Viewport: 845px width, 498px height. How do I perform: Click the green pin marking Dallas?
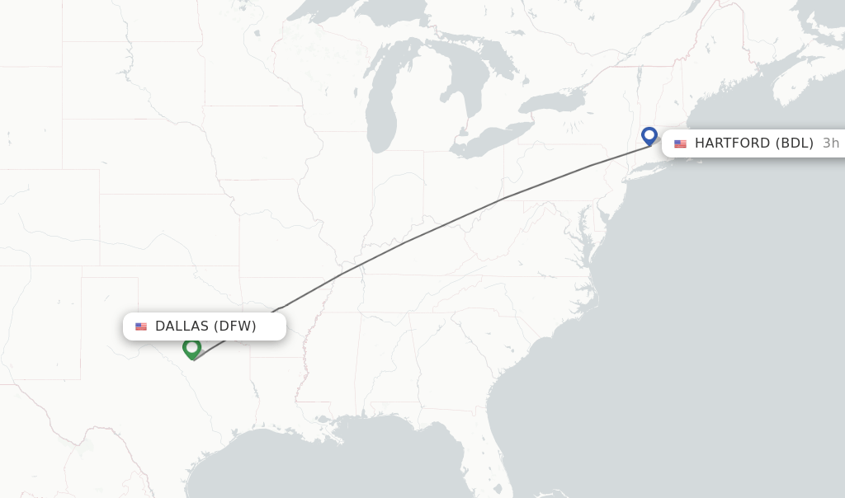(191, 349)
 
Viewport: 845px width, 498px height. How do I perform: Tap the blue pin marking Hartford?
(649, 135)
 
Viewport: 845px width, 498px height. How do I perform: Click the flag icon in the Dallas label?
(141, 327)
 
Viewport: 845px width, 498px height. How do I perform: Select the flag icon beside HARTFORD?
(680, 143)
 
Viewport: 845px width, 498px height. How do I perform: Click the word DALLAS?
(182, 327)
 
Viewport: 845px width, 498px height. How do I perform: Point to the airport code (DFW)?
(235, 327)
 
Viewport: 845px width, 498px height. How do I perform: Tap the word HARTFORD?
(733, 143)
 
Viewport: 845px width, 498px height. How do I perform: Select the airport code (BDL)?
(795, 143)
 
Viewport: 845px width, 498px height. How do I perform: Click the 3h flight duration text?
(830, 143)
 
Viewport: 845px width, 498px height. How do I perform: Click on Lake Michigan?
(380, 99)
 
